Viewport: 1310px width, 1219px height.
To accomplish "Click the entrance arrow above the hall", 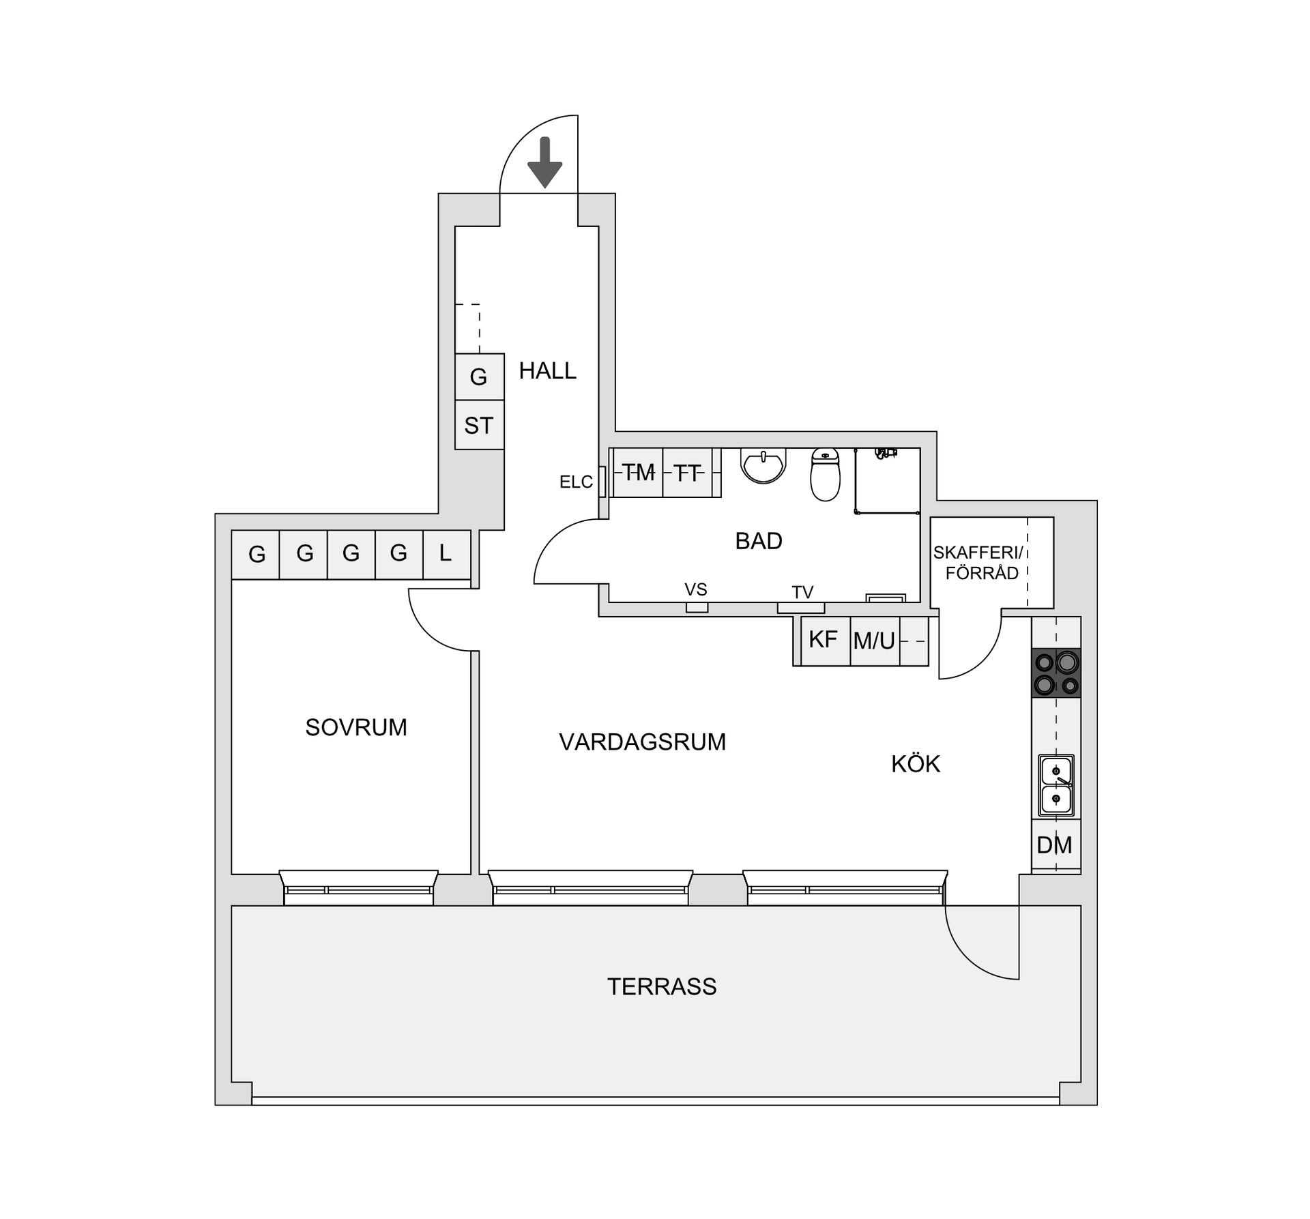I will click(x=544, y=162).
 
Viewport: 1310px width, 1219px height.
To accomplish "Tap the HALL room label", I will click(x=547, y=371).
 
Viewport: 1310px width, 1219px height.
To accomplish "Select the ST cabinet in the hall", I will click(x=479, y=426).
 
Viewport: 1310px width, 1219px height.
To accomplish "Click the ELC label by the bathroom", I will click(x=576, y=482).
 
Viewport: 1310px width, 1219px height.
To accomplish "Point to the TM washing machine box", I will click(x=638, y=472).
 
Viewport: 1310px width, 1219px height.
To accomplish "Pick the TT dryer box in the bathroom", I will click(x=688, y=473).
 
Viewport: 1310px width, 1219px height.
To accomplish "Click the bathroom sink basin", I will click(x=764, y=465).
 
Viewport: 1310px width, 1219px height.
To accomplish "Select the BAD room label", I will click(x=758, y=541).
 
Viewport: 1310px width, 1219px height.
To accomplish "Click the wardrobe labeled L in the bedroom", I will click(x=446, y=553).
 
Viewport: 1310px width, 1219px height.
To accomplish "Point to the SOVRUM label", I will click(x=355, y=728).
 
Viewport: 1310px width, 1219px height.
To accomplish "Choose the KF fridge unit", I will click(x=824, y=640).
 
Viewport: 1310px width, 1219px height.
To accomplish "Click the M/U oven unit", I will click(x=874, y=641).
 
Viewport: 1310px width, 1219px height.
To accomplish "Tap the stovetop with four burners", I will click(x=1056, y=673).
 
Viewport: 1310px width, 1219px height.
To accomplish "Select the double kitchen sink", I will click(x=1056, y=785).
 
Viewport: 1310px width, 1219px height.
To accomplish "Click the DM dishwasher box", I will click(x=1055, y=845).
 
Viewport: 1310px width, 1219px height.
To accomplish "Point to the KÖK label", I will click(x=916, y=764).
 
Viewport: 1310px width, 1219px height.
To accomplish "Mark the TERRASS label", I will click(x=662, y=987).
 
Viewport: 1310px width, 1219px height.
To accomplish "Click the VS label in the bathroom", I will click(x=696, y=589).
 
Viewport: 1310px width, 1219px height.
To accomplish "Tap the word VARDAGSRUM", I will click(x=642, y=742).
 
